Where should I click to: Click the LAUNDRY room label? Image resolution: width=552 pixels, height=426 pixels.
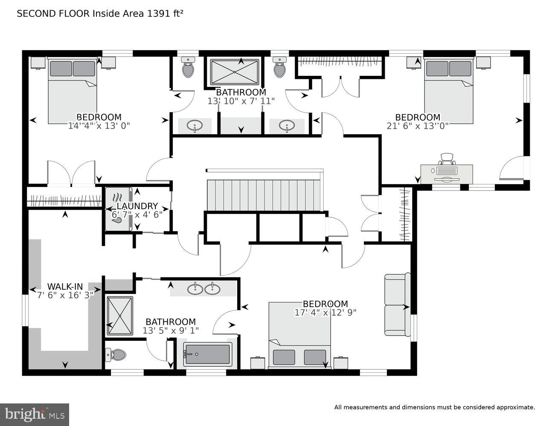(x=137, y=206)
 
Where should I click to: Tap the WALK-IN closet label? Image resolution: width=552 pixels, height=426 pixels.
(x=65, y=286)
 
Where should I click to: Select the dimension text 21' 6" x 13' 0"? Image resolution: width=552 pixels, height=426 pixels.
(x=417, y=126)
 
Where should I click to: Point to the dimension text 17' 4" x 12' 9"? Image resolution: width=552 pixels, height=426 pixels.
(x=325, y=312)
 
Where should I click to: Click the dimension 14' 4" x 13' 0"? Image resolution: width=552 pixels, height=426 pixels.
(x=99, y=126)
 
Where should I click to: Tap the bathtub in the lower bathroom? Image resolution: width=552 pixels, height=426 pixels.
(x=208, y=354)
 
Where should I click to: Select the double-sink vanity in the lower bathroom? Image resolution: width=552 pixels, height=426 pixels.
(x=203, y=289)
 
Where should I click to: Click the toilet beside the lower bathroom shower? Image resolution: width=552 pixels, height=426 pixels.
(x=116, y=354)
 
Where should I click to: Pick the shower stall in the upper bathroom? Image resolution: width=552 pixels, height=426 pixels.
(x=235, y=72)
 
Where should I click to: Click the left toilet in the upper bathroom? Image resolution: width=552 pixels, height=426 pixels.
(x=188, y=69)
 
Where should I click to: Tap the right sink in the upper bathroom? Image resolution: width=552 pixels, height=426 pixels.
(x=287, y=126)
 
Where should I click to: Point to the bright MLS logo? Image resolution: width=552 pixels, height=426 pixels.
(x=35, y=414)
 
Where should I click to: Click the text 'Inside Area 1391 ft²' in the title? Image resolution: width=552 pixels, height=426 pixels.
(x=138, y=13)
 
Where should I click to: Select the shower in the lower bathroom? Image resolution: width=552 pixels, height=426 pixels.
(x=120, y=316)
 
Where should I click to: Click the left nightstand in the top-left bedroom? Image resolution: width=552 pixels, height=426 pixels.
(x=38, y=63)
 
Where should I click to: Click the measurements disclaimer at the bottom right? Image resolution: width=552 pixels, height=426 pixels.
(x=434, y=407)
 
